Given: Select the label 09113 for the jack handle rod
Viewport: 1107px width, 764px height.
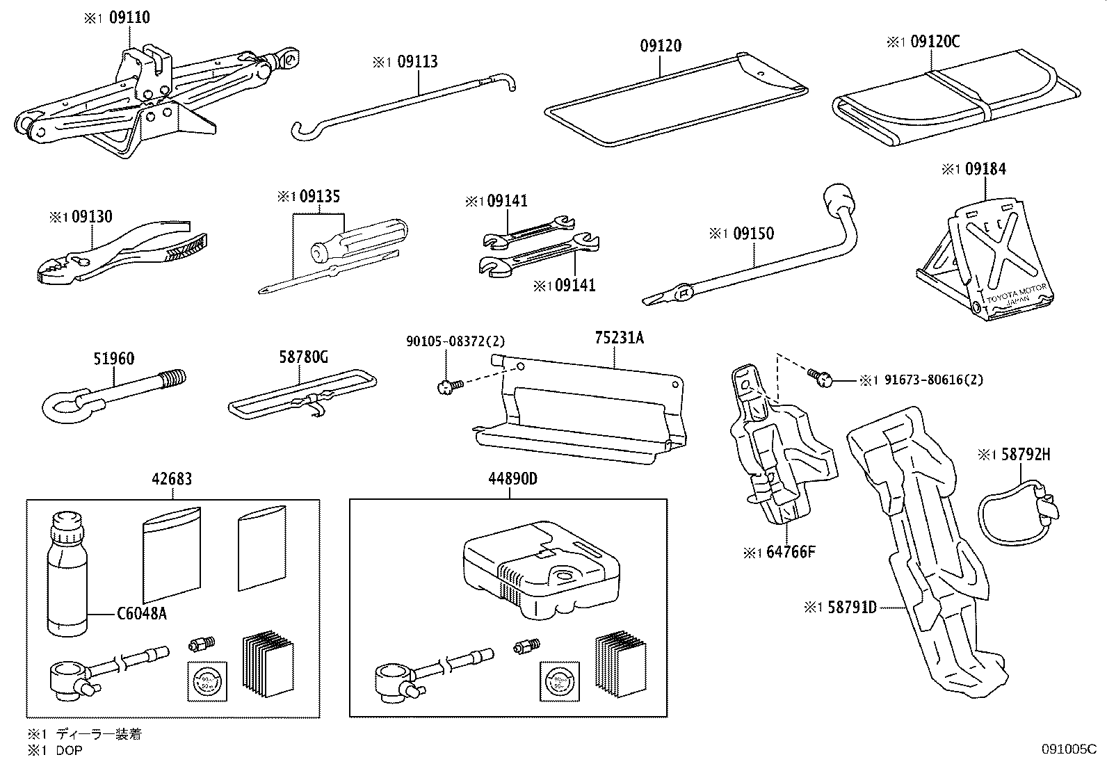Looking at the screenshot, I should coord(417,62).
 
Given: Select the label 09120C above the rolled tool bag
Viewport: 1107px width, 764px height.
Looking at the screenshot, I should coord(935,42).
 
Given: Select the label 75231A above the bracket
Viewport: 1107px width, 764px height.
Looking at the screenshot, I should coord(619,339).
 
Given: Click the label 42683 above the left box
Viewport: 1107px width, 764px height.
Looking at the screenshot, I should coord(171,479).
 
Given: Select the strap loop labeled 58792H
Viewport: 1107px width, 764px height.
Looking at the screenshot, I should coord(1008,514).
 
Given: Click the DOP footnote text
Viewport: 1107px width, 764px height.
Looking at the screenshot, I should coord(69,751).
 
